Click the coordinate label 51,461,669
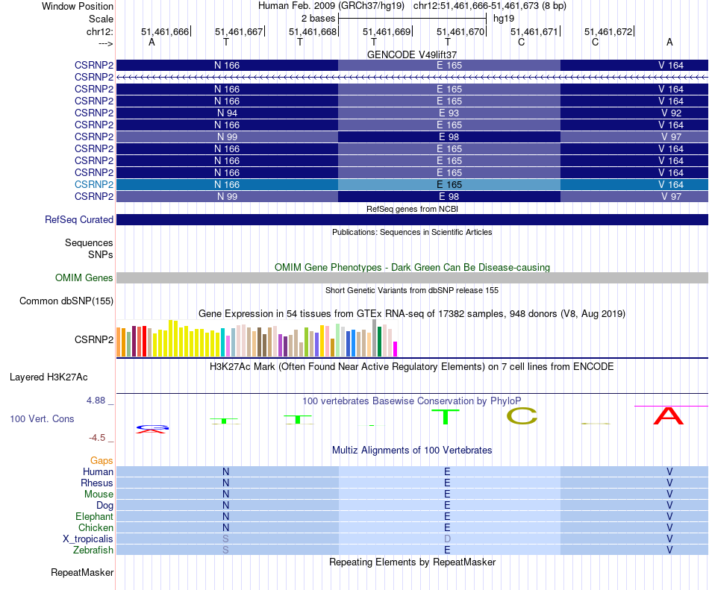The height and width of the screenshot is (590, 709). [x=387, y=31]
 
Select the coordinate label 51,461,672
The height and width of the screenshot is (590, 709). [x=608, y=31]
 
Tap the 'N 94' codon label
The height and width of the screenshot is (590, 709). [x=227, y=113]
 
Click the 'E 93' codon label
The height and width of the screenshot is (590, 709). [x=449, y=113]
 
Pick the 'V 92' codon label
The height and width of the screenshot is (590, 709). [x=671, y=113]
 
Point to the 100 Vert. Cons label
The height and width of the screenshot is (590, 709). [x=42, y=418]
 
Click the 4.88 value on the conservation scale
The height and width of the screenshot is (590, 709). [x=97, y=401]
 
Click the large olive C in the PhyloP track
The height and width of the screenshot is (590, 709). [x=522, y=416]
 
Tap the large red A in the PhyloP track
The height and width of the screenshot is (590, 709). [x=668, y=415]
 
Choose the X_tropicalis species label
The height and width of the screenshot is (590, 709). [x=88, y=539]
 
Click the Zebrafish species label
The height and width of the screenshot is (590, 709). [x=94, y=550]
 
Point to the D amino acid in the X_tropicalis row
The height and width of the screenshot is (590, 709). [x=448, y=539]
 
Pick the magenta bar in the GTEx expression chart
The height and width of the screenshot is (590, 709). [x=396, y=348]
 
